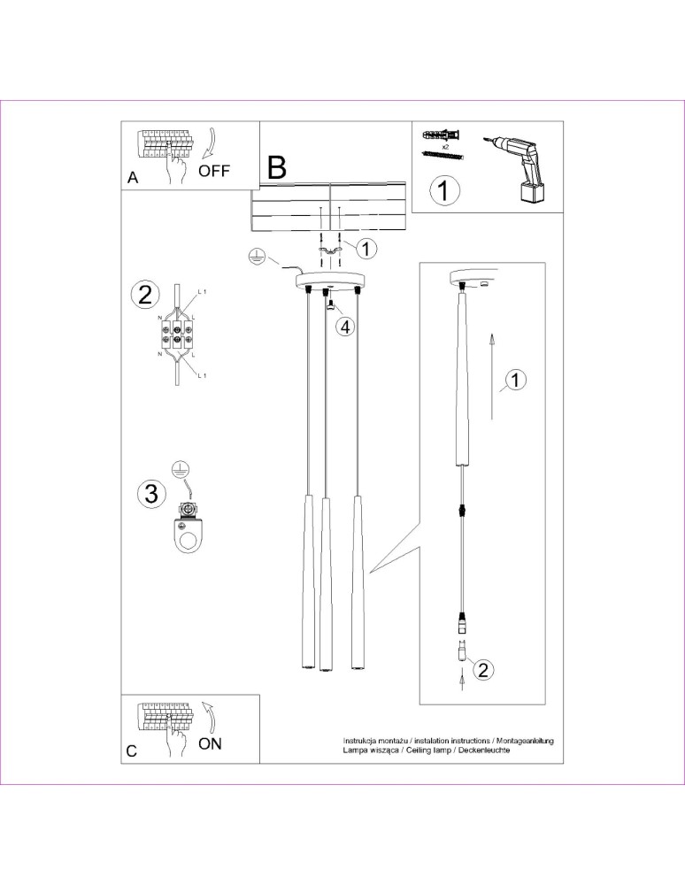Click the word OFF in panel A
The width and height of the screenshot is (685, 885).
(213, 171)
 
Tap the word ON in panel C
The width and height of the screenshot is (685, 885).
(210, 743)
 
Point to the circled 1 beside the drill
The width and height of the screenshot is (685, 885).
(444, 190)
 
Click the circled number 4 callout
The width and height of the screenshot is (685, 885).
(345, 327)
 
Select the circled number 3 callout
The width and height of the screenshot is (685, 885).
(150, 494)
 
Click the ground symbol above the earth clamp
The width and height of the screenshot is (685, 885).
(181, 470)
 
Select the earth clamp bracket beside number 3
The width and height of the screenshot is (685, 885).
(186, 530)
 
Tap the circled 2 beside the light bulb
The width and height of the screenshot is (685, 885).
(482, 669)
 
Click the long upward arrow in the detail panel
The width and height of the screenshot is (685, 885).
(489, 376)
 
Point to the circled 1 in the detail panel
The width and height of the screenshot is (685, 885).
(517, 380)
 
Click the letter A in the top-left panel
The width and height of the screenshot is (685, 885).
(133, 177)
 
